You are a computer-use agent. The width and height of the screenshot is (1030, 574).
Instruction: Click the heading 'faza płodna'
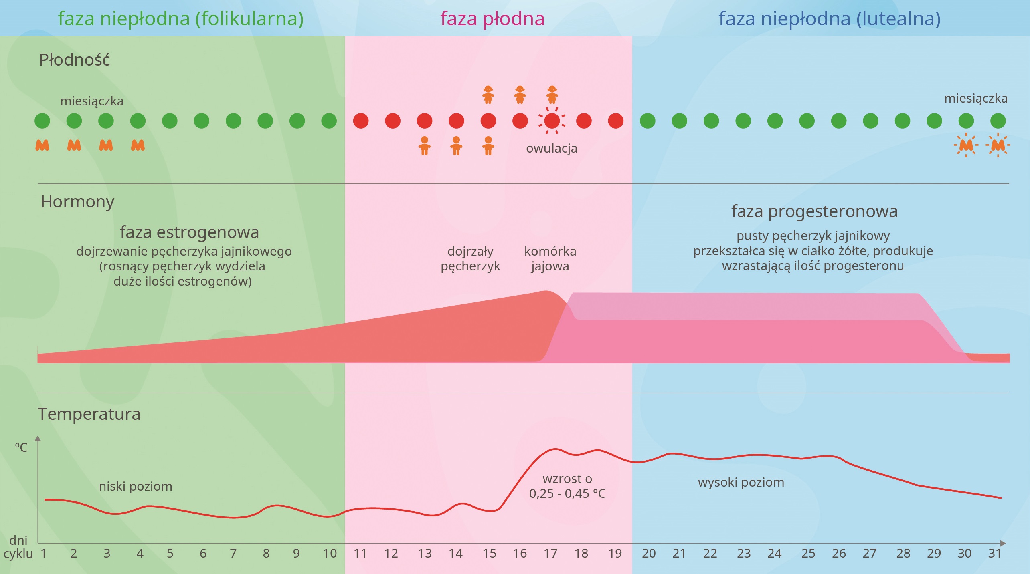492,19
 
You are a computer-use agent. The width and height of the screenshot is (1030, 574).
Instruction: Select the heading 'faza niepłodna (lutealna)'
829,19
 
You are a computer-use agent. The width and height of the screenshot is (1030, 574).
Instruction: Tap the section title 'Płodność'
74,60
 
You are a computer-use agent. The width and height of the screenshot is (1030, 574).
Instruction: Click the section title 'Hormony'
77,201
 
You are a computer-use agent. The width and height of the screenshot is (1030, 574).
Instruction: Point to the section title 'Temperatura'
89,414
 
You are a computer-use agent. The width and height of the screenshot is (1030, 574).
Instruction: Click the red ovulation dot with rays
552,121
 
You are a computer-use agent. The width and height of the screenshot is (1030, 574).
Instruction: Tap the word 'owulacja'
551,148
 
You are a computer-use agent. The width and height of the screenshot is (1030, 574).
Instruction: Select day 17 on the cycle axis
550,553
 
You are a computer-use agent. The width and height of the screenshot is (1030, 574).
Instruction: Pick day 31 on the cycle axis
995,553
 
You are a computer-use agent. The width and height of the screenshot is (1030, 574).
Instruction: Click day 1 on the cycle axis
43,553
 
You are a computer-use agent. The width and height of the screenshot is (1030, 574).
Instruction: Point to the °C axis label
21,447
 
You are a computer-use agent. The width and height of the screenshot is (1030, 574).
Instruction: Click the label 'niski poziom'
136,486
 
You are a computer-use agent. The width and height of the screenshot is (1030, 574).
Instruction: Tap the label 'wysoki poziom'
741,482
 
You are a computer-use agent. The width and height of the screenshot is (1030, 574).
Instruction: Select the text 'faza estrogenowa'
189,232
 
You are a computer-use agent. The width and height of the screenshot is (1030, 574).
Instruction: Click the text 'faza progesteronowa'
814,211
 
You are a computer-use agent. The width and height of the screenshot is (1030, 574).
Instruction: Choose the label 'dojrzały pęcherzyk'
470,258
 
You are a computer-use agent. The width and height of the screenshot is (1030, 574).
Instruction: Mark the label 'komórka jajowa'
550,258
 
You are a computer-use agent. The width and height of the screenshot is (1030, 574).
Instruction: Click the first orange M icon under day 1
42,145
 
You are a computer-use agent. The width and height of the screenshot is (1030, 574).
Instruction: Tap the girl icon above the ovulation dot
552,95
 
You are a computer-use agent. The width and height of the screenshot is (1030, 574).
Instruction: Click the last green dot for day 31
998,121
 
